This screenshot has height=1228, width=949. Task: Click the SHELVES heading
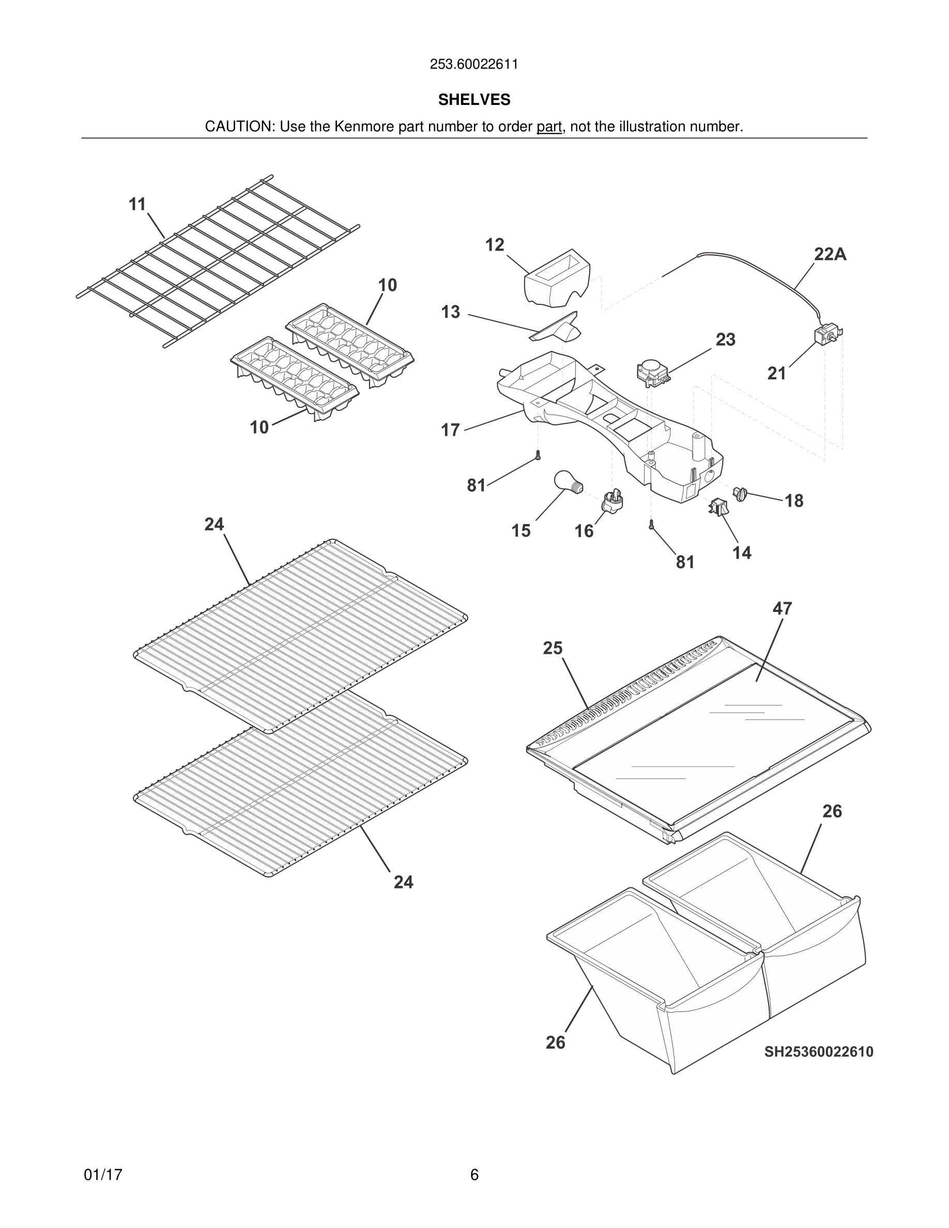coord(474,100)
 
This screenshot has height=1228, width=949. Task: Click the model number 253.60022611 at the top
coord(474,64)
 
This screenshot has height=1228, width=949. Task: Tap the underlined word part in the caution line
coord(549,127)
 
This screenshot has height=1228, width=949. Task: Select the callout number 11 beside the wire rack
coord(137,204)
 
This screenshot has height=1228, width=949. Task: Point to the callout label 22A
coord(830,255)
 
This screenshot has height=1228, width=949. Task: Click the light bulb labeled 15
coord(567,481)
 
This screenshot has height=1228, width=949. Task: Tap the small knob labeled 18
coord(740,494)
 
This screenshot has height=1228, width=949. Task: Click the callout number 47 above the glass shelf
coord(782,608)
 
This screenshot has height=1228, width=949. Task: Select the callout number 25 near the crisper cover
coord(553,648)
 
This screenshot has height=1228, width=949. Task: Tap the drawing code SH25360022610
coord(819,1051)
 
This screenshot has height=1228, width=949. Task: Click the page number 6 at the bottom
coord(474,1175)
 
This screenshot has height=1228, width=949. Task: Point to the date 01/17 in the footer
coord(103,1175)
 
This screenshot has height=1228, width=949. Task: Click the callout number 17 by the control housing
coord(450,430)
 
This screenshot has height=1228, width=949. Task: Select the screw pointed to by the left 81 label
coord(538,455)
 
